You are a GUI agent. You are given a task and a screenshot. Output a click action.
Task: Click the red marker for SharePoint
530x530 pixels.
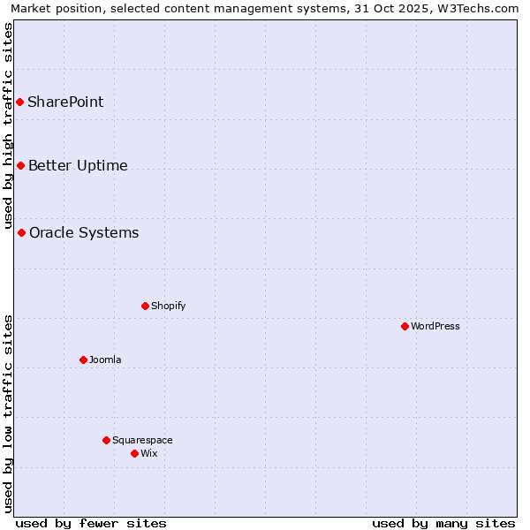[19, 102]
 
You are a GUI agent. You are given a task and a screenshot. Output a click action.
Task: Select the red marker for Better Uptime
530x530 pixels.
[20, 166]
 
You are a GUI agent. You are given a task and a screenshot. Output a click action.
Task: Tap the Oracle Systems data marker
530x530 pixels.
[22, 233]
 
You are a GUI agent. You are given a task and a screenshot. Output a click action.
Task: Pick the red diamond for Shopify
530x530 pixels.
[145, 307]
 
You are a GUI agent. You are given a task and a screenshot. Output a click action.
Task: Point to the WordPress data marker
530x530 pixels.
[405, 327]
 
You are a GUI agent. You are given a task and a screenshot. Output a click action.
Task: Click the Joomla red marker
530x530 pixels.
[83, 360]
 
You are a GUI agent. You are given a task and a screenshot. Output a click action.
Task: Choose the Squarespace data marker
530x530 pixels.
[106, 441]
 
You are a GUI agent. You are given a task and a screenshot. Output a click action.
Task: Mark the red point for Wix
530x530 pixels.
[134, 454]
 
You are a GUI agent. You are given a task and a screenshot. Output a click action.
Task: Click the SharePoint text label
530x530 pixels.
[65, 102]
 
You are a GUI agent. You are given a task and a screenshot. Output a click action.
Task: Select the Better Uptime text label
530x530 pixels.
[78, 166]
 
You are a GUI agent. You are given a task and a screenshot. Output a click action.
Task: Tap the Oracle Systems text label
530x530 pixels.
[84, 233]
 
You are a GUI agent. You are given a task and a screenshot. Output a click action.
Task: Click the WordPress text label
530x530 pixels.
[435, 327]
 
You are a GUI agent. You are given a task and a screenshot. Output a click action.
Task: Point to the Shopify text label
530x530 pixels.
[168, 307]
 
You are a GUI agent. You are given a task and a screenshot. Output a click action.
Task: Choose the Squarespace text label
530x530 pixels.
[142, 441]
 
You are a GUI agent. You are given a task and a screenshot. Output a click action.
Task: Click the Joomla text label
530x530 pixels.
[105, 360]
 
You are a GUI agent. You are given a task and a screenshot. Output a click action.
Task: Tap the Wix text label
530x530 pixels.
[148, 454]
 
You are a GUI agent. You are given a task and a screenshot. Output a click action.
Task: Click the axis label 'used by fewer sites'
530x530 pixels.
[91, 523]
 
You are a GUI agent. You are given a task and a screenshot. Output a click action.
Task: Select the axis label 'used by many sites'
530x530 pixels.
[443, 523]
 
